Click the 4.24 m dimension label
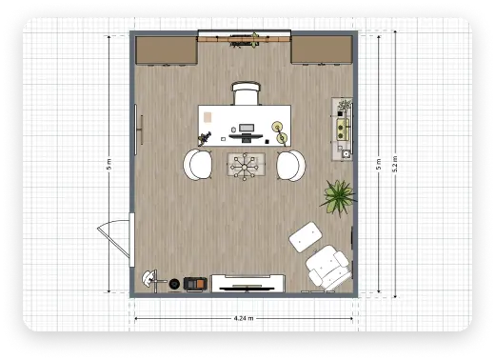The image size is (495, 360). [244, 318]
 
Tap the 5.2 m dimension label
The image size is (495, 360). [395, 164]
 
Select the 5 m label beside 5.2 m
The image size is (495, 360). [379, 164]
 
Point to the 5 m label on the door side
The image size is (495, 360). [109, 164]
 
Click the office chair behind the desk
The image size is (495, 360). [246, 93]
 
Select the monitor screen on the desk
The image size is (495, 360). [247, 128]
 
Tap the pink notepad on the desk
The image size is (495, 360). [208, 117]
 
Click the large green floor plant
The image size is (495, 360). [338, 197]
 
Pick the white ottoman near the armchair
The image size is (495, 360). [306, 237]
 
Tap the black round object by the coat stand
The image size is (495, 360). [174, 284]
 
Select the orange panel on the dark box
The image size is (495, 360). [200, 283]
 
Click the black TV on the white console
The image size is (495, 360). [247, 289]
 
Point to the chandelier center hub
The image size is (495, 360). [245, 167]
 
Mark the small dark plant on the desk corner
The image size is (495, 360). [205, 138]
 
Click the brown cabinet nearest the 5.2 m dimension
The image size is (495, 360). [322, 50]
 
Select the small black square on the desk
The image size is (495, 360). [267, 142]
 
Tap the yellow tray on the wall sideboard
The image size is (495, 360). [343, 130]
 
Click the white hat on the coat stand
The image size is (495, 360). [148, 279]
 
